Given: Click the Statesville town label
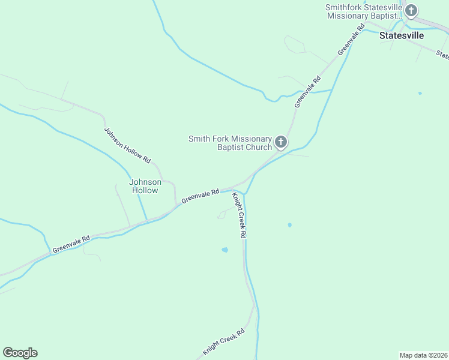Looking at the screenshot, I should [402, 35].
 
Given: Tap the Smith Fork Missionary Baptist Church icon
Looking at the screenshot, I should [281, 143].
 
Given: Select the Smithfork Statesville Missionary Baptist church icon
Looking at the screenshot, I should [411, 10].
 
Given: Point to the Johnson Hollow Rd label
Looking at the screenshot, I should [127, 145].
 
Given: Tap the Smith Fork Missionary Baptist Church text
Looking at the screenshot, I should [231, 143].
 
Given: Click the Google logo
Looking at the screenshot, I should [20, 353].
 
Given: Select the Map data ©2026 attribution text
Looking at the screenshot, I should [423, 355].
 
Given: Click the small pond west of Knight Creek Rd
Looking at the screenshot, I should [224, 250].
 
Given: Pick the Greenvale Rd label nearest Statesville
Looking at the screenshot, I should [352, 40].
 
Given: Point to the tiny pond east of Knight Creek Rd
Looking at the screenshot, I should [289, 225].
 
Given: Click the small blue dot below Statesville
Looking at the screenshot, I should [420, 93].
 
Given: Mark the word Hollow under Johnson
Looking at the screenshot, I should [145, 190].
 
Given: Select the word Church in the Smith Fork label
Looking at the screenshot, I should [258, 147].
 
